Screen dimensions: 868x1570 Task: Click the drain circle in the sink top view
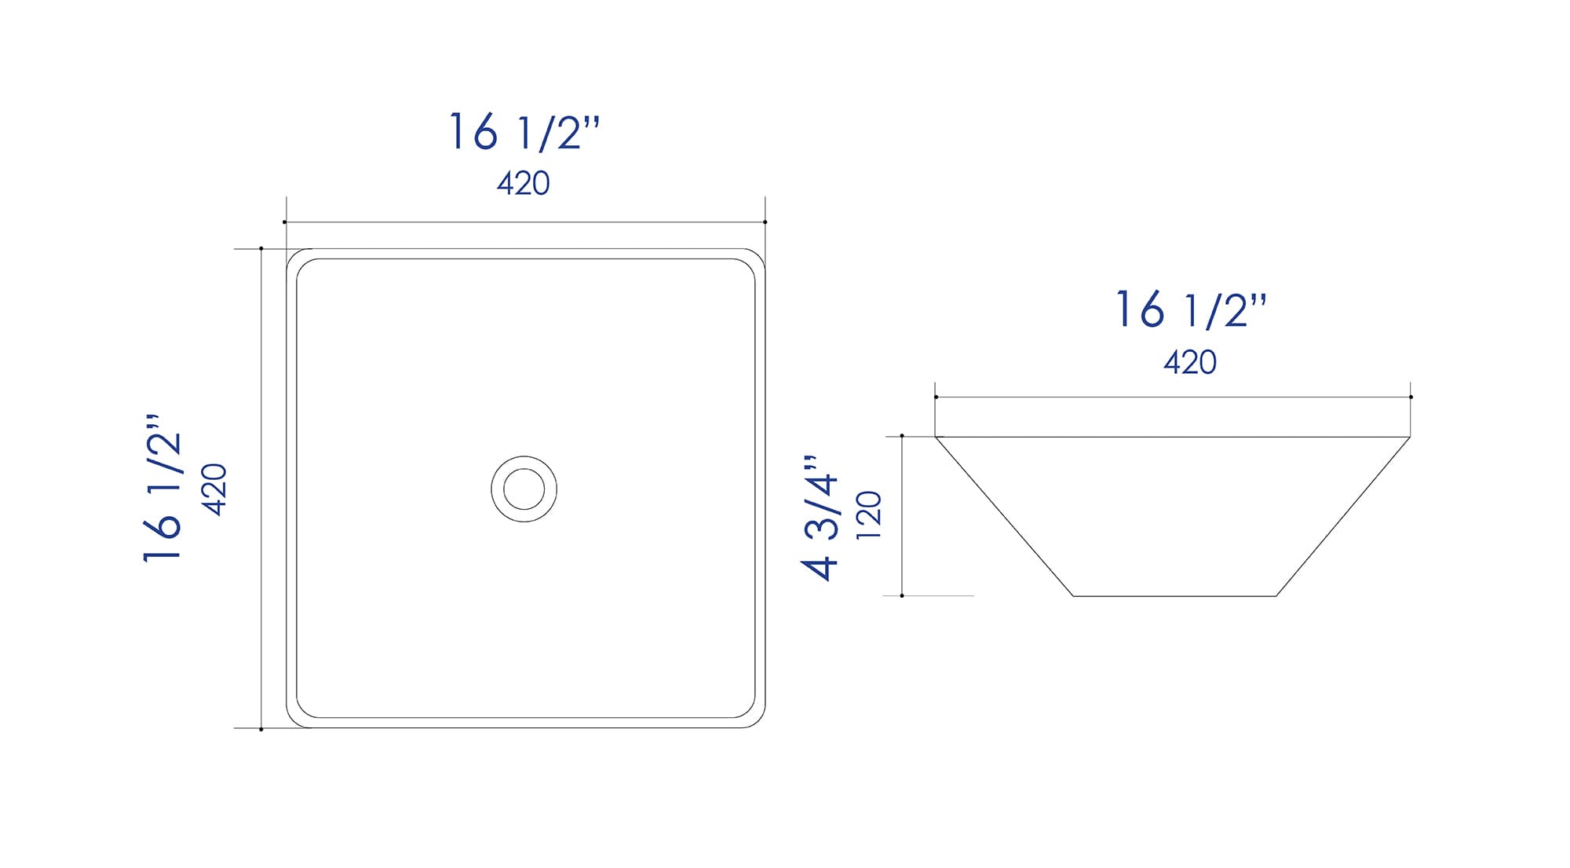[x=524, y=489]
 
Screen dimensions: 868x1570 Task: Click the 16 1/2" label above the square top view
[x=524, y=132]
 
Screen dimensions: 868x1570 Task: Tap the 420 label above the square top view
[x=524, y=184]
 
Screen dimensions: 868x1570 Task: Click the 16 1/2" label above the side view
[x=1191, y=310]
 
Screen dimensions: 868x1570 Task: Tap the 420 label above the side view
[x=1190, y=362]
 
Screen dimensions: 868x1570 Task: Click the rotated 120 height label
[x=870, y=515]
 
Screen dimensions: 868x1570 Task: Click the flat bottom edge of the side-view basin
[x=1174, y=596]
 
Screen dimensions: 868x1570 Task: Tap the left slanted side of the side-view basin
[x=1004, y=516]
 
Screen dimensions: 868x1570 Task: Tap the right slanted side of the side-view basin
[x=1343, y=516]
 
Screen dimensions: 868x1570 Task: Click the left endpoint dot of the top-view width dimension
[x=285, y=222]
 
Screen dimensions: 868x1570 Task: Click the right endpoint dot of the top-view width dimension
[x=765, y=222]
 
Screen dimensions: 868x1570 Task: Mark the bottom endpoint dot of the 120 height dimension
[x=902, y=595]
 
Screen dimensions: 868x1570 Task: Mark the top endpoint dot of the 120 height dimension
[x=902, y=436]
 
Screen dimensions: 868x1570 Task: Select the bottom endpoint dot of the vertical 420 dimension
[x=261, y=729]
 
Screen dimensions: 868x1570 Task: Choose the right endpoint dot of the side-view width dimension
[x=1411, y=397]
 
